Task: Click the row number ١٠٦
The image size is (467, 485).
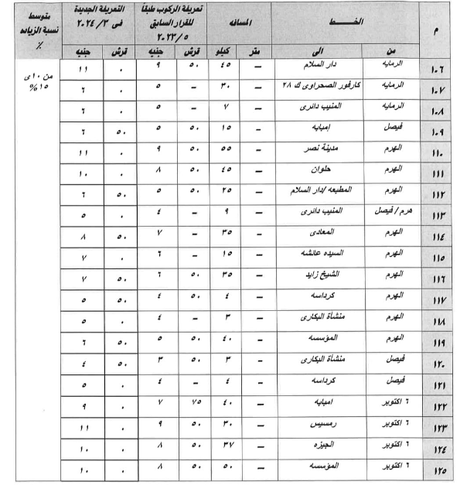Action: [438, 70]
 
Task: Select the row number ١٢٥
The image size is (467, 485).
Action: [438, 470]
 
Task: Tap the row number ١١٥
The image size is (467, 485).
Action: [438, 257]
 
